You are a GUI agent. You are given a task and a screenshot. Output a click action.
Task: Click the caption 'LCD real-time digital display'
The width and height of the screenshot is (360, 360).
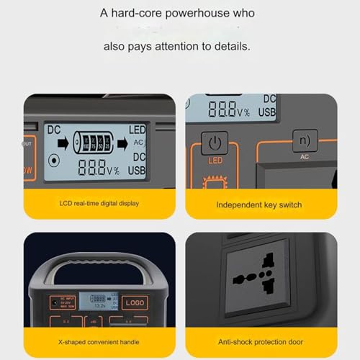[x=99, y=204]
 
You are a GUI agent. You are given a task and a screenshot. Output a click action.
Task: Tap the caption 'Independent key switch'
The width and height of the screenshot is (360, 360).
[x=258, y=204]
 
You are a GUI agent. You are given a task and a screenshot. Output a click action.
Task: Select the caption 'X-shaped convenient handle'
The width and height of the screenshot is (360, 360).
[x=99, y=341]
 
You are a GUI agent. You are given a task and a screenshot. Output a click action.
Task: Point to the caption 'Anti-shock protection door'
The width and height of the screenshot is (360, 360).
[x=260, y=341]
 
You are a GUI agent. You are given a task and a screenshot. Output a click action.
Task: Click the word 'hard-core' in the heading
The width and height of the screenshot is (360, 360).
[x=142, y=13]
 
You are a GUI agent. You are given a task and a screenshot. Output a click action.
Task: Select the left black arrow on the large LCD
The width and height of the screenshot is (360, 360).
[x=63, y=142]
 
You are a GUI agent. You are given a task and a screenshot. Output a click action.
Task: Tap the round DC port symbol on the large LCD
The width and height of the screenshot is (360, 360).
[x=54, y=161]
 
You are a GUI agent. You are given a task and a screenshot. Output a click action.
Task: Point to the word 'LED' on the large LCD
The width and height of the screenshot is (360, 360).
[x=137, y=129]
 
